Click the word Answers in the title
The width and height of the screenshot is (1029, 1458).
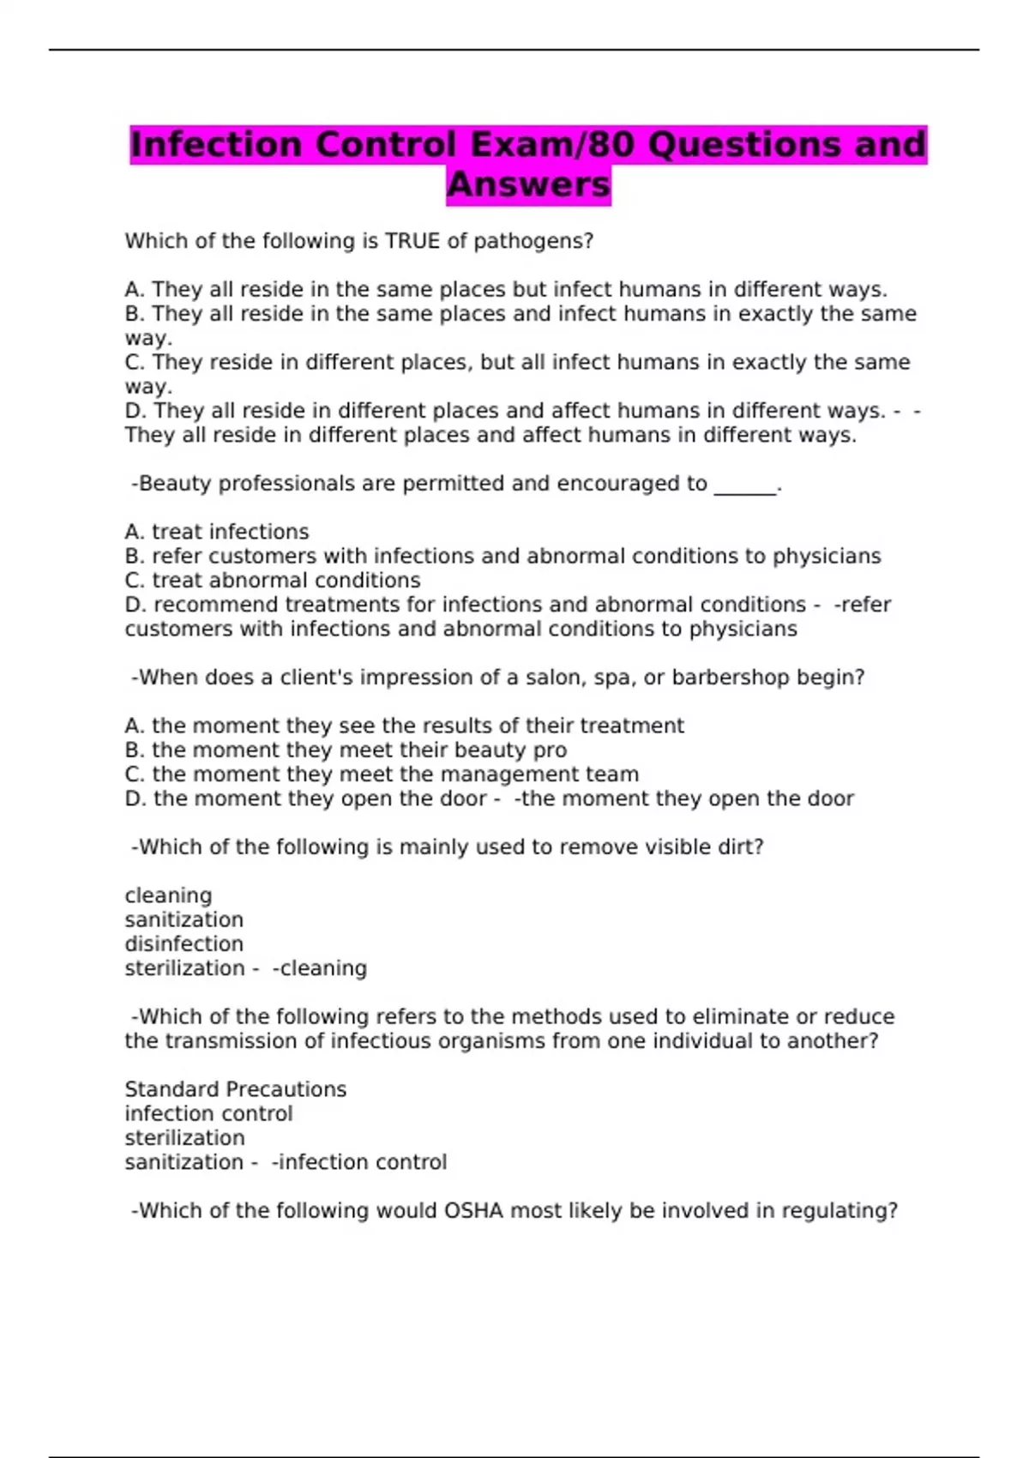tap(528, 184)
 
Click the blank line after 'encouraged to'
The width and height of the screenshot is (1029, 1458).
tap(744, 485)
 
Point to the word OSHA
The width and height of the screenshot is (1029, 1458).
tap(473, 1211)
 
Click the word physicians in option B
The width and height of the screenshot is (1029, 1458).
tap(827, 557)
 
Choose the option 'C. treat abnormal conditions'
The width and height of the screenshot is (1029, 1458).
tap(273, 581)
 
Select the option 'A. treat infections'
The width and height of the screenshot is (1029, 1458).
tap(217, 532)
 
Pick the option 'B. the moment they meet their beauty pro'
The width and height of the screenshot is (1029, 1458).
tap(346, 750)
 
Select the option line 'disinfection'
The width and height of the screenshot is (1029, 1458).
tap(184, 944)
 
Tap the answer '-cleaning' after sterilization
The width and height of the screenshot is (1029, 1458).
tap(320, 968)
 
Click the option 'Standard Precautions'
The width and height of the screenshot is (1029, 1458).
tap(236, 1089)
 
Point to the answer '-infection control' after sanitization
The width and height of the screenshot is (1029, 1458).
tap(359, 1162)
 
